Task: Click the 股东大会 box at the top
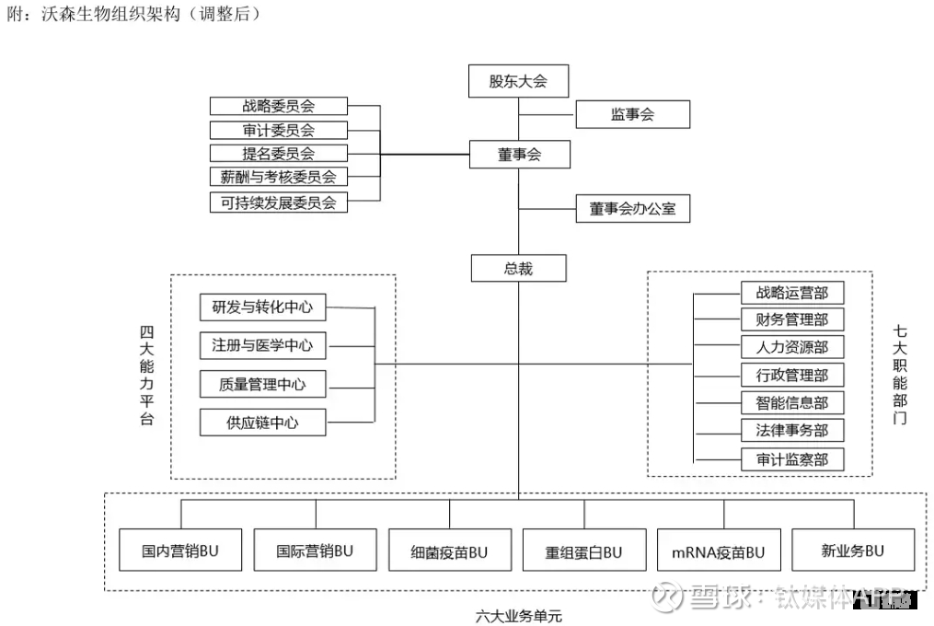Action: point(518,81)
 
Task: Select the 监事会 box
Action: point(632,115)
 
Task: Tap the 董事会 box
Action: point(519,155)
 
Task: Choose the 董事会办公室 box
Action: point(632,209)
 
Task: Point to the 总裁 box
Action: point(518,269)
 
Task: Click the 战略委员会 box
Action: point(278,107)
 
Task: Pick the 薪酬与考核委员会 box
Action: point(278,177)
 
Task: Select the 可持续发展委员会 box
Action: point(278,203)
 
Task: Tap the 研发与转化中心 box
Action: point(262,307)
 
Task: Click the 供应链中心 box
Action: point(262,423)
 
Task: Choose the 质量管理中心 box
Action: point(262,385)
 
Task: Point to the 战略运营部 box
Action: point(792,293)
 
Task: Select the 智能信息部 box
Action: point(792,403)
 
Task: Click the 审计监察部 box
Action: point(792,459)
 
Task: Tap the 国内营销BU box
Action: point(179,551)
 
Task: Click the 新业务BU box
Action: point(853,551)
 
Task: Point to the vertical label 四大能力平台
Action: point(147,375)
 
